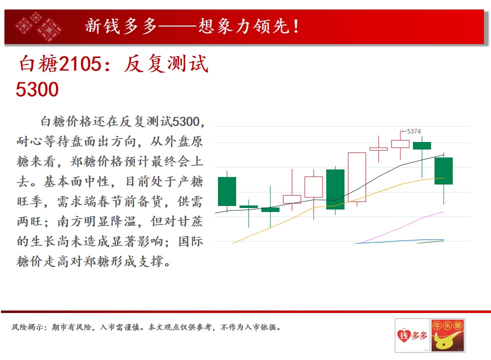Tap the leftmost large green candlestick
point(227,191)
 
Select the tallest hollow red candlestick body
point(357,177)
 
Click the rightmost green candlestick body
point(443,171)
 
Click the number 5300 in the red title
point(37,89)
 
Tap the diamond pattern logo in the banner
point(39,26)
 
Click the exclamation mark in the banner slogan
point(296,26)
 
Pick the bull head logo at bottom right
point(447,335)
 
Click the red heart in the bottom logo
point(403,335)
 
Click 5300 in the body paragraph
point(186,121)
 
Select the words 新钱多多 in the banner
point(121,26)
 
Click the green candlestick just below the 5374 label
point(422,145)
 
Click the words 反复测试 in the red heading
point(166,64)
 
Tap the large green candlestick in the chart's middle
point(335,189)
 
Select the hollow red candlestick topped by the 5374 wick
point(400,144)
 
